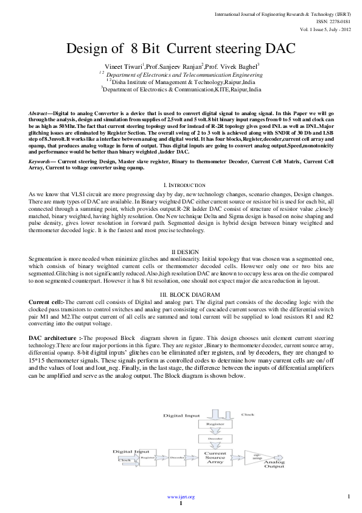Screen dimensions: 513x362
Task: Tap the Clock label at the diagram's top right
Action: [248, 414]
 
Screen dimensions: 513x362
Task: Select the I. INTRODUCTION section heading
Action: [181, 185]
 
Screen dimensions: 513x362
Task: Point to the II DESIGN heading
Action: [181, 252]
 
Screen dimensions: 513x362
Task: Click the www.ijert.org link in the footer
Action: [181, 497]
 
